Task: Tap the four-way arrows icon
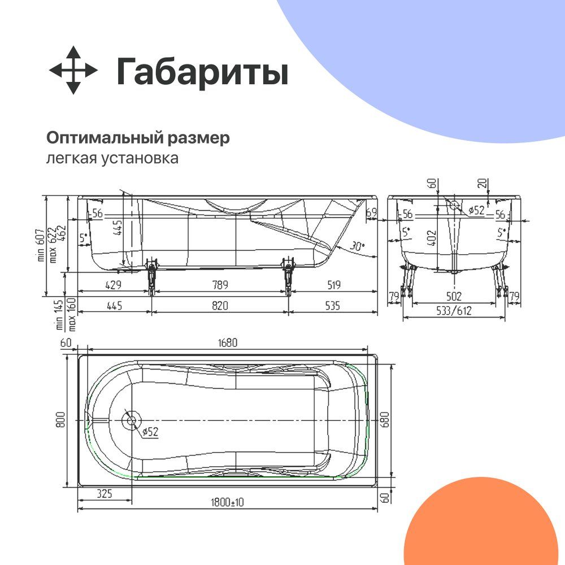click(73, 70)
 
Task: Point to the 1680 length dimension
click(228, 342)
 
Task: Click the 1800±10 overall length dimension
click(227, 502)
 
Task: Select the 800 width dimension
click(60, 420)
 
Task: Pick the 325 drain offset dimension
click(105, 493)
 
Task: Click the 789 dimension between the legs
click(220, 285)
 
